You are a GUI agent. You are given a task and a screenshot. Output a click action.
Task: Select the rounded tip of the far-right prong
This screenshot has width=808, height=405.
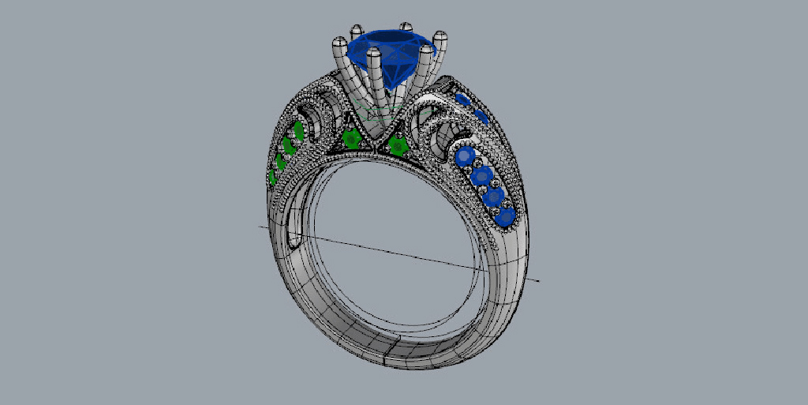[x=440, y=36]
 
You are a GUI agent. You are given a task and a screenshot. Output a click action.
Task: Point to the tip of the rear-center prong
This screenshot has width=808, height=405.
[x=406, y=28]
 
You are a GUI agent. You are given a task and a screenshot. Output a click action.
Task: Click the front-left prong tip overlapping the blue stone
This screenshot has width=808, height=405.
[x=373, y=56]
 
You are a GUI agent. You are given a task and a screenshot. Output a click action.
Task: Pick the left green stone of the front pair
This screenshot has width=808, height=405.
[x=352, y=140]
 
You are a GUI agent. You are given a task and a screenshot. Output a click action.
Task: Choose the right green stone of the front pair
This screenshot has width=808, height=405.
[x=398, y=145]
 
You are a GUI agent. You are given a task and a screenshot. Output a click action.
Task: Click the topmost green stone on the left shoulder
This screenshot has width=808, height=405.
[x=298, y=129]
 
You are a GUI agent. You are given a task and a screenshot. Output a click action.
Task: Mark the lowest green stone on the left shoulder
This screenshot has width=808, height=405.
[x=272, y=178]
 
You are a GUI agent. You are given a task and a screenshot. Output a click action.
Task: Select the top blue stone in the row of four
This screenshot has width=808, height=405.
[x=466, y=157]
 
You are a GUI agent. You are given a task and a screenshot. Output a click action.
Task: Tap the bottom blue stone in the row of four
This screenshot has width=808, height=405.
[x=504, y=214]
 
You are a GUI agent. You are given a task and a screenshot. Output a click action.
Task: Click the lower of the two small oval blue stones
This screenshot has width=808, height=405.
[x=479, y=117]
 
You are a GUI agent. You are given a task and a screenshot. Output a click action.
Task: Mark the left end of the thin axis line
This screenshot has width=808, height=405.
[x=261, y=226]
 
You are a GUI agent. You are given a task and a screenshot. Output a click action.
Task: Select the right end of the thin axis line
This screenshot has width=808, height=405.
[x=539, y=279]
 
